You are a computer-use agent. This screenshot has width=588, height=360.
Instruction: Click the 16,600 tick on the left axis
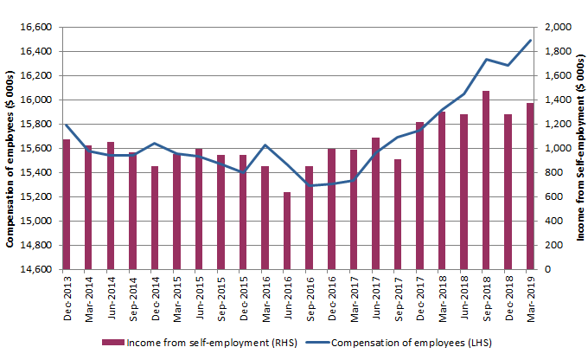click(37, 27)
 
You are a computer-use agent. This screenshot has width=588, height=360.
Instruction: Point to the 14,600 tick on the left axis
click(37, 269)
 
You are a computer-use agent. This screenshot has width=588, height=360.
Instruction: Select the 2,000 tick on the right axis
click(557, 27)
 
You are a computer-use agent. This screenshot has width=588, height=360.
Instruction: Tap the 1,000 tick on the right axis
click(557, 148)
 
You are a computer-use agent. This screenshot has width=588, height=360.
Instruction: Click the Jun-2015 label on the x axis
click(199, 299)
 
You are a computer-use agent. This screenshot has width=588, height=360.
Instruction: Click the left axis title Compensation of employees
click(10, 148)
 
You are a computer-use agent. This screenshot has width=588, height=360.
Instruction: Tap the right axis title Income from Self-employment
click(578, 148)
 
